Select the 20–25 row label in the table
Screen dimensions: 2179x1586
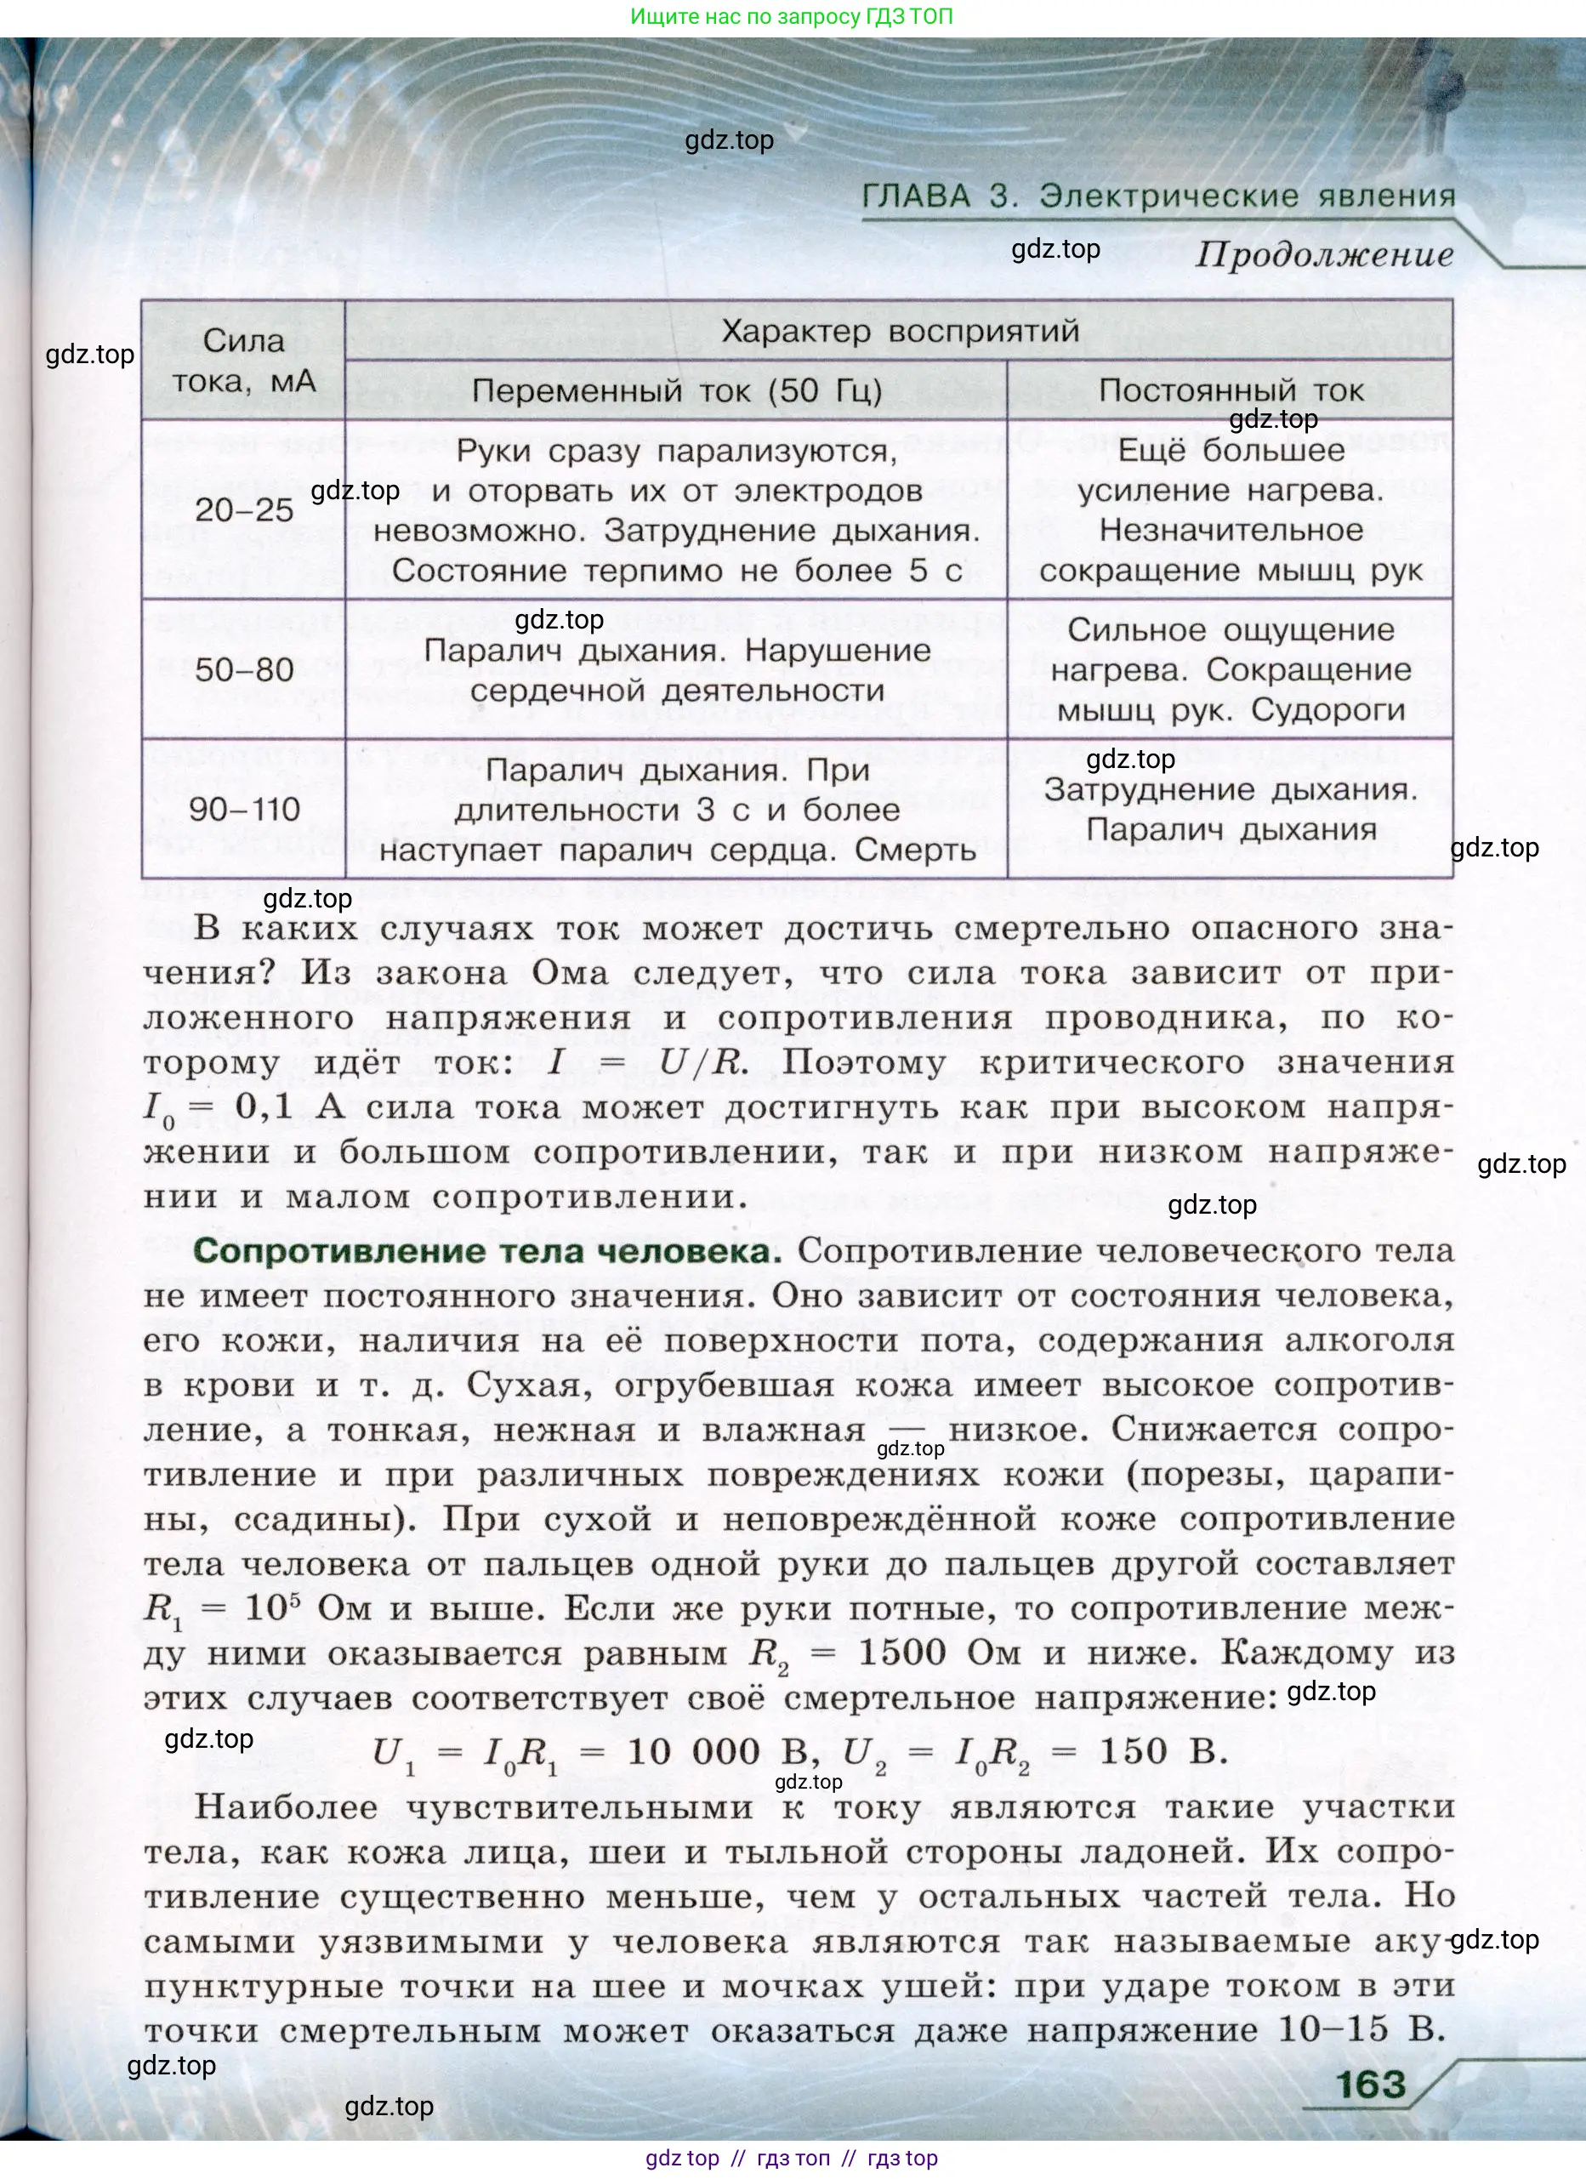(x=244, y=510)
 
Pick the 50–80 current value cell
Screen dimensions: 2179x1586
(x=244, y=669)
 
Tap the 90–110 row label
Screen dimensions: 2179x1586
(x=244, y=809)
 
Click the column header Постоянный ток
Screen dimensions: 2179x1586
(x=1230, y=391)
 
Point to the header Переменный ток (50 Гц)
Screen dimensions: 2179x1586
(x=676, y=391)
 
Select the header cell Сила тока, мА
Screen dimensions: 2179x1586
(x=244, y=361)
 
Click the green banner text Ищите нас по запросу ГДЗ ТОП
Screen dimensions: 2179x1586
(x=792, y=16)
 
